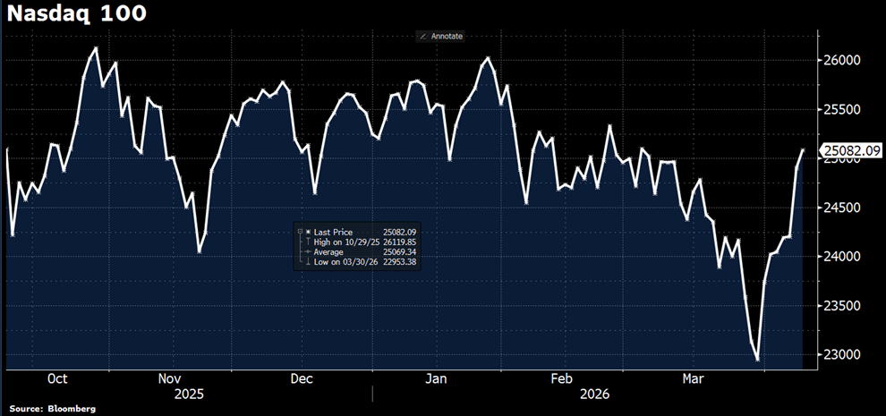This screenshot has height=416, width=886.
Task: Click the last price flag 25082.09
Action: point(852,151)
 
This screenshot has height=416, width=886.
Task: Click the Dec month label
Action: point(302,378)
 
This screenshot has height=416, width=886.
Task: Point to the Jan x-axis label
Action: point(435,378)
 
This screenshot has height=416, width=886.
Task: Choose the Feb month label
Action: point(561,378)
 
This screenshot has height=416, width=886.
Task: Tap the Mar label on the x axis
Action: point(694,378)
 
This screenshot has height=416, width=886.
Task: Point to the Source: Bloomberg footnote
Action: point(53,409)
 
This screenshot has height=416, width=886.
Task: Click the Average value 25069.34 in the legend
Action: point(400,251)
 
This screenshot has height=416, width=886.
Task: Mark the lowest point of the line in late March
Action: point(758,361)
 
